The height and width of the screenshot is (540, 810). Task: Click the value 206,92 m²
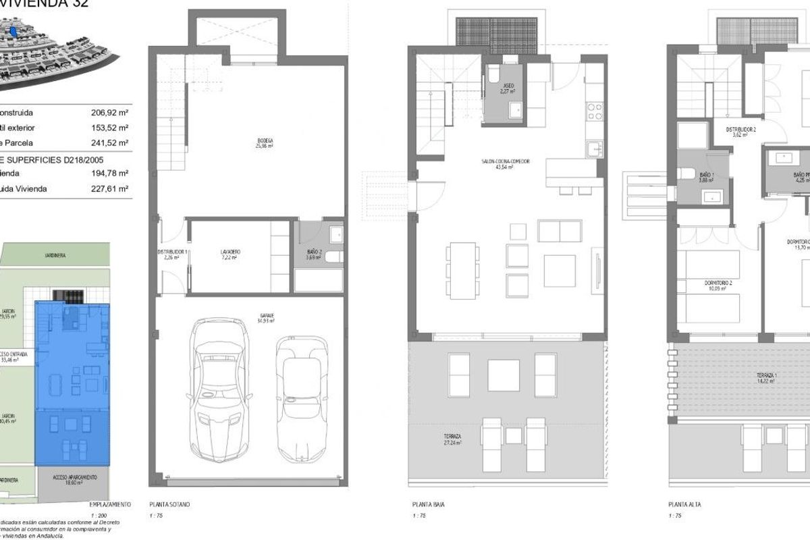click(x=109, y=113)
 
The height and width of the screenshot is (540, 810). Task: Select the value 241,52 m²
click(x=109, y=143)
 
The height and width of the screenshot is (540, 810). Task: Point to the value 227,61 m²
click(x=109, y=189)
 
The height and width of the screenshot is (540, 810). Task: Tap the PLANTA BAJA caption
click(x=428, y=504)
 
